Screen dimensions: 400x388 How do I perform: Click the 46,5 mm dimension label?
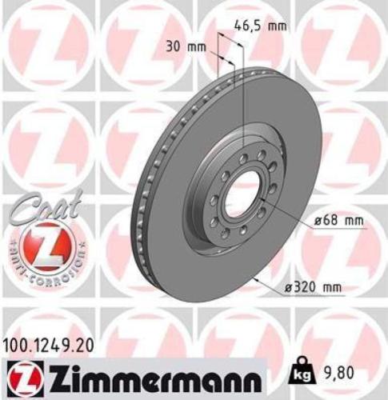click(264, 26)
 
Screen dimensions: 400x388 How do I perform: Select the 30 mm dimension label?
click(186, 46)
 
